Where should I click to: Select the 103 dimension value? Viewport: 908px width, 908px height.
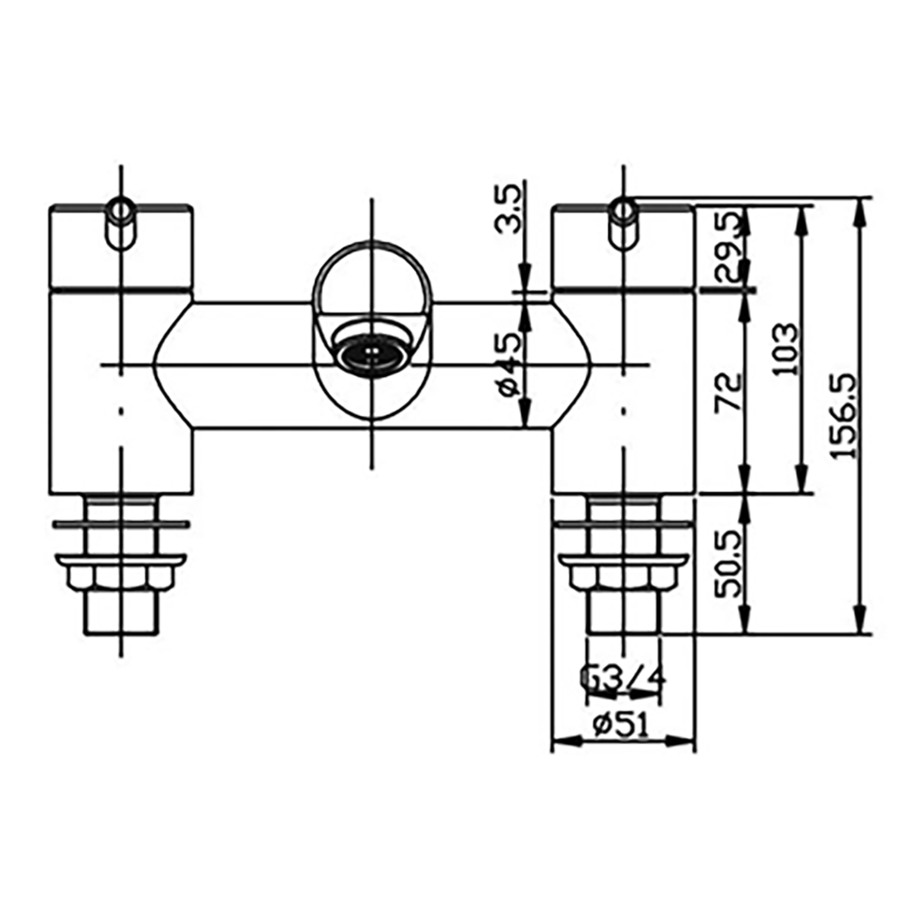tap(787, 350)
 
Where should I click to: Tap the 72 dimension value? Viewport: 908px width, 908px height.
tap(728, 392)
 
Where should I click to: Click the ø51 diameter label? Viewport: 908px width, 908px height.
tap(621, 725)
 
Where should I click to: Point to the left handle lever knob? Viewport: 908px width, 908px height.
tap(120, 222)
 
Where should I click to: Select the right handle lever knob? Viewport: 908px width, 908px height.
tap(622, 222)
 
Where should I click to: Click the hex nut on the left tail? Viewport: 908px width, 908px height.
tap(121, 577)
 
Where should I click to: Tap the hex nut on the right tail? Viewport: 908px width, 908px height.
tap(623, 577)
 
